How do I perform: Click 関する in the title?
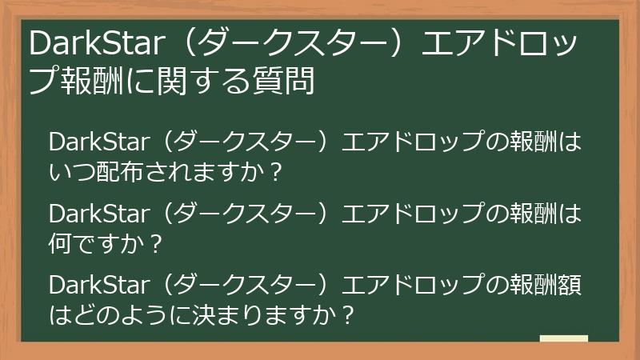tap(203, 82)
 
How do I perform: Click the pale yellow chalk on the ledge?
tap(563, 338)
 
